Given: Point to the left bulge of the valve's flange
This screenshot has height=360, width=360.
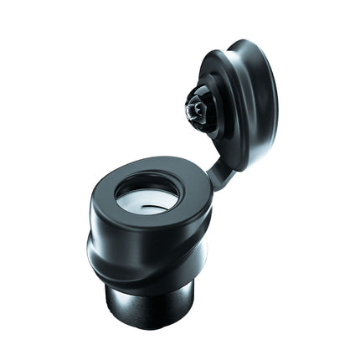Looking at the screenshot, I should pyautogui.click(x=92, y=251).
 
